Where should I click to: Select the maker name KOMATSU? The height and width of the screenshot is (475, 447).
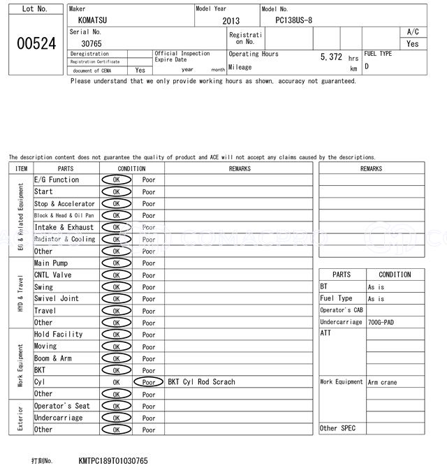tap(94, 21)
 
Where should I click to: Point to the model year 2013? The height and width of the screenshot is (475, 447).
tap(230, 21)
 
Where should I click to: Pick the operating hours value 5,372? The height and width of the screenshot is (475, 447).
tap(330, 57)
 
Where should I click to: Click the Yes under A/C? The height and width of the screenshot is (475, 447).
tap(413, 43)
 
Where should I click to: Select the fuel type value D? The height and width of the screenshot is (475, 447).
tap(367, 67)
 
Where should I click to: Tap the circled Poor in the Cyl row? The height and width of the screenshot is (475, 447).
tap(148, 382)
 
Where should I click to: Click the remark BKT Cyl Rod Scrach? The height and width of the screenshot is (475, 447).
tap(202, 382)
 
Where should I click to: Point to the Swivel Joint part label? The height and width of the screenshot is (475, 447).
tap(57, 298)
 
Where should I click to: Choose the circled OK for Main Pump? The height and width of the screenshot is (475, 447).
tap(116, 263)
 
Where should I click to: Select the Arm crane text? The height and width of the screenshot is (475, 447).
tap(383, 382)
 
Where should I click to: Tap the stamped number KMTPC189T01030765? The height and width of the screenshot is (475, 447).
tap(113, 461)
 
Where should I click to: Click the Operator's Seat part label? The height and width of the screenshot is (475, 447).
tap(62, 406)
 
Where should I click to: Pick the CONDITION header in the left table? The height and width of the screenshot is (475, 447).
tap(131, 168)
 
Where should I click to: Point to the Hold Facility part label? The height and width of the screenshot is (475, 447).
tap(59, 334)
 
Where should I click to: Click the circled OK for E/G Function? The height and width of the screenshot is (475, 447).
tap(116, 180)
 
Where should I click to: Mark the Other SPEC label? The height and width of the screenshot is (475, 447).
tap(338, 428)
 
